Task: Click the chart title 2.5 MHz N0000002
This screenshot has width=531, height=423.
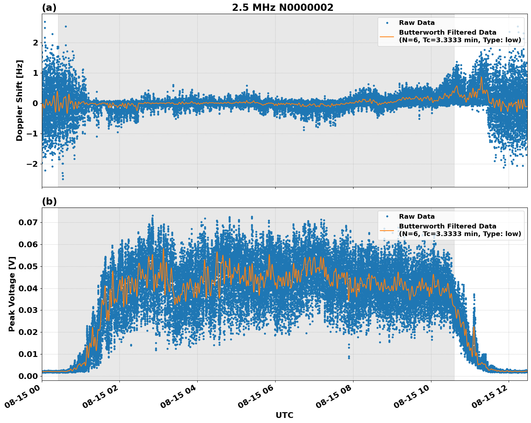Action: [282, 8]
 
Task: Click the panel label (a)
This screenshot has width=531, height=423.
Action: [49, 8]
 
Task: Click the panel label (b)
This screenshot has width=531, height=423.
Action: [49, 201]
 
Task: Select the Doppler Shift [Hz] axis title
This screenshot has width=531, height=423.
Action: [19, 100]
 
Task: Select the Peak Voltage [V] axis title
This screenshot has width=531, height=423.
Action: [12, 294]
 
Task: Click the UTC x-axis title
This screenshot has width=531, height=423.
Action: [284, 415]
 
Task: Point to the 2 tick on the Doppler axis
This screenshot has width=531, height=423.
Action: [35, 43]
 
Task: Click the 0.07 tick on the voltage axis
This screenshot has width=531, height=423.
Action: [28, 222]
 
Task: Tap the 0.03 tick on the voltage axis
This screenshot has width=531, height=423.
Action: [28, 310]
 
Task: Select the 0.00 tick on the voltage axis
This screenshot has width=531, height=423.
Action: [28, 376]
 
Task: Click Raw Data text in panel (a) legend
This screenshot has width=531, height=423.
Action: [417, 23]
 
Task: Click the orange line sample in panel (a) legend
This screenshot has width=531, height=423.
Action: [387, 36]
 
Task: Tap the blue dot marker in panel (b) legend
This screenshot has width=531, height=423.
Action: [387, 217]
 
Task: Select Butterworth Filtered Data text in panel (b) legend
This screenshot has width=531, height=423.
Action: [447, 226]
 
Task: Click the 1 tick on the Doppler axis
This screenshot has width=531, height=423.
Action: [35, 73]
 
